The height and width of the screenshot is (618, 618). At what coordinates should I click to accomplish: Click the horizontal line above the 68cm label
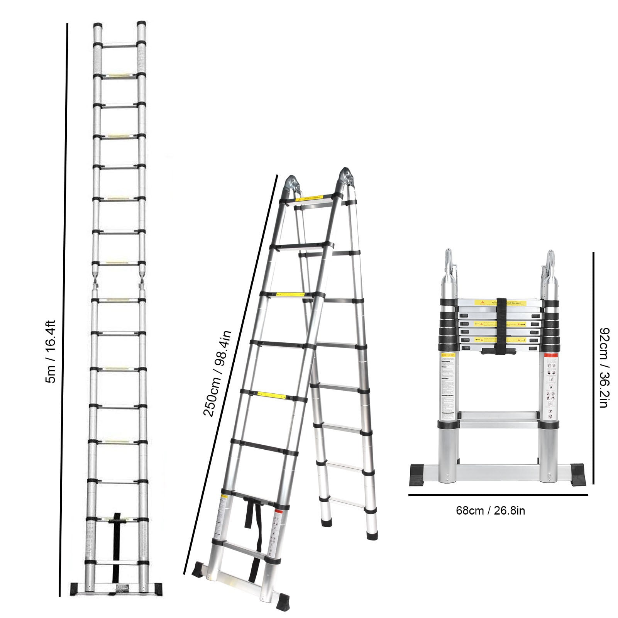[498, 494]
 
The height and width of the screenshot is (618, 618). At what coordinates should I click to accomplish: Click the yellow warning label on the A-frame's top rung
[315, 198]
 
